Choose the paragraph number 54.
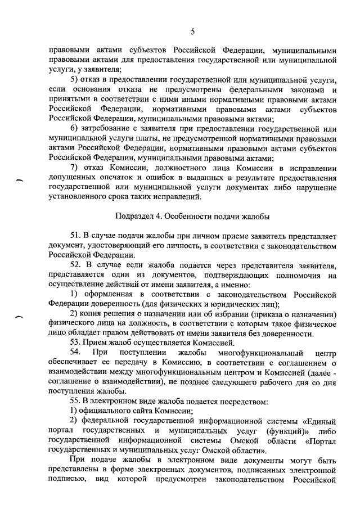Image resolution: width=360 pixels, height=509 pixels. tap(75, 353)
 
